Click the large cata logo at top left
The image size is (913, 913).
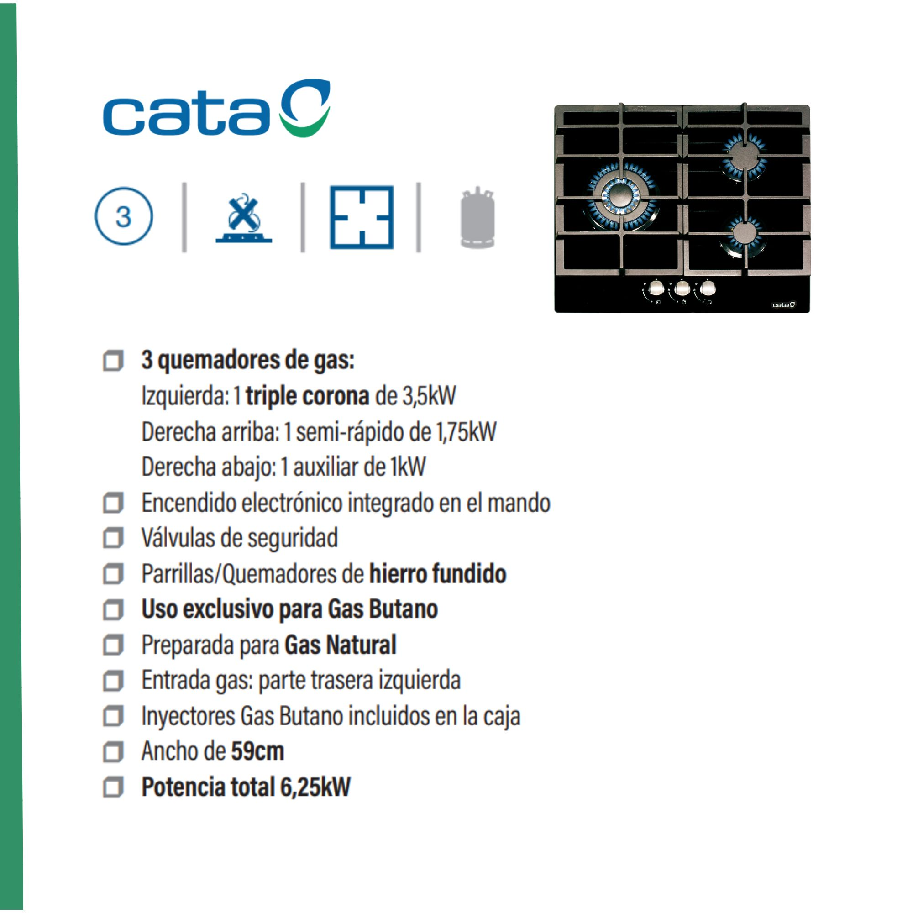tap(216, 109)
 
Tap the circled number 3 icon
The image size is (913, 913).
tap(124, 216)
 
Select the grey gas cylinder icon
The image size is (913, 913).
tap(477, 217)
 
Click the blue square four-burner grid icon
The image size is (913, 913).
tap(362, 217)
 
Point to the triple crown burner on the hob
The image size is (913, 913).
tap(620, 196)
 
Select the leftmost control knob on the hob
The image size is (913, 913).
tap(656, 288)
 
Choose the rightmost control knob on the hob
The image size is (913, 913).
tap(708, 288)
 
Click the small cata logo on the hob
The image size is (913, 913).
tap(783, 304)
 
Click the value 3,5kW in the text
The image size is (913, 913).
tap(429, 395)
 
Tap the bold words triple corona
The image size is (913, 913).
tap(307, 396)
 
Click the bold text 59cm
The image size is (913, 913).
tap(257, 751)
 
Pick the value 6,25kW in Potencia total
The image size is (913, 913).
tap(315, 787)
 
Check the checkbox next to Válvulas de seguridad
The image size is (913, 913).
tap(113, 538)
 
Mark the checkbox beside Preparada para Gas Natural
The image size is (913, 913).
tap(113, 645)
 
